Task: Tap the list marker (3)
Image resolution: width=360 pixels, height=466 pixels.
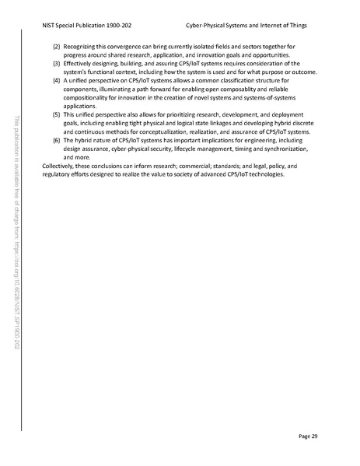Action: click(56, 64)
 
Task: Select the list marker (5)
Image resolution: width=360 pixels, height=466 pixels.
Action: click(56, 114)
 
